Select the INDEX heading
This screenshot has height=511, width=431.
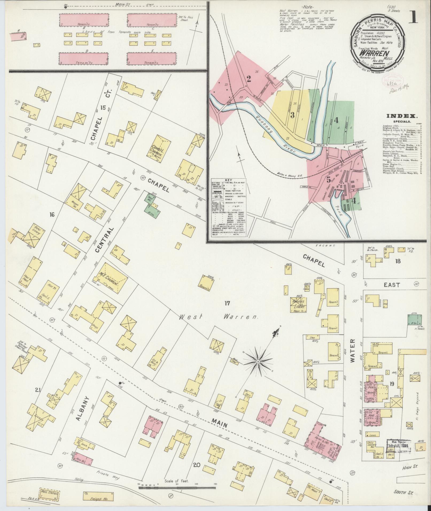click(402, 116)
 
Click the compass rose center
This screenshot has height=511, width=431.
click(258, 362)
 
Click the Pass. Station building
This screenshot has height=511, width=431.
click(49, 493)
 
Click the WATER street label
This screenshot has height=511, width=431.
click(353, 355)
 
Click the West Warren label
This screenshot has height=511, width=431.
click(218, 317)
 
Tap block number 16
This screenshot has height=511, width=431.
click(52, 214)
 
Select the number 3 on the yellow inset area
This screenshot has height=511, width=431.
click(292, 115)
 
